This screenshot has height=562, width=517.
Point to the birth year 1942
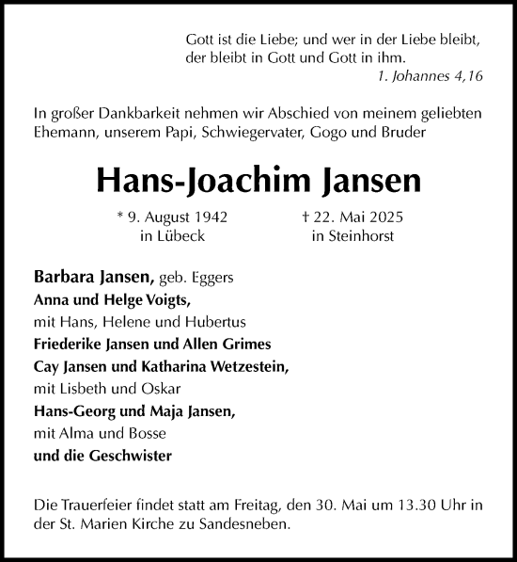pyautogui.click(x=209, y=217)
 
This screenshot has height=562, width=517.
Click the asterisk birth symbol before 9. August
pyautogui.click(x=121, y=217)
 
